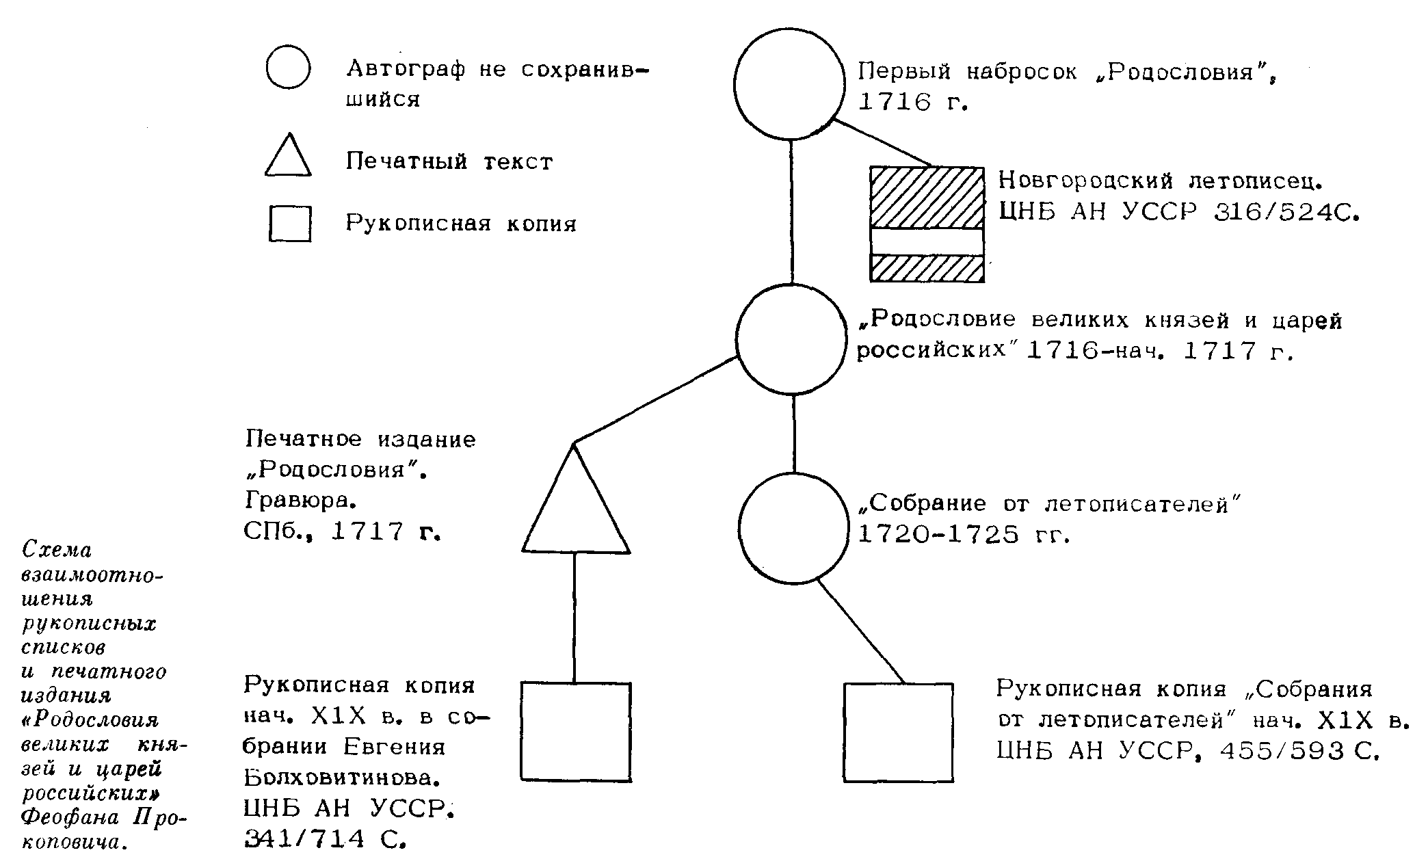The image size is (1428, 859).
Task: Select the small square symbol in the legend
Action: (290, 224)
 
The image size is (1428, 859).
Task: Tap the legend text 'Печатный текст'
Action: (449, 161)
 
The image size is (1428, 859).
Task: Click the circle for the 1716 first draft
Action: (790, 83)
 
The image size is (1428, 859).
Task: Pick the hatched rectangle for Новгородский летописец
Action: (927, 198)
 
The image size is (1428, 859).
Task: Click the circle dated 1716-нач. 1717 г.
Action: (791, 339)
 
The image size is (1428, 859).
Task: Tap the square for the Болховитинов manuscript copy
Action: (576, 732)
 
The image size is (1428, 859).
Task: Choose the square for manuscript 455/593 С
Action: (898, 732)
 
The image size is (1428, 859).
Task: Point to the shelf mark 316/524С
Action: (1286, 213)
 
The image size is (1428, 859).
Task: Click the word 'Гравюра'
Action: (301, 501)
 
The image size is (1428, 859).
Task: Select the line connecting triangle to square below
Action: (574, 618)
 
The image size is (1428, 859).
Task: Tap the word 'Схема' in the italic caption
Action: (57, 549)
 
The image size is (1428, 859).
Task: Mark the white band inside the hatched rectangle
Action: (927, 241)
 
